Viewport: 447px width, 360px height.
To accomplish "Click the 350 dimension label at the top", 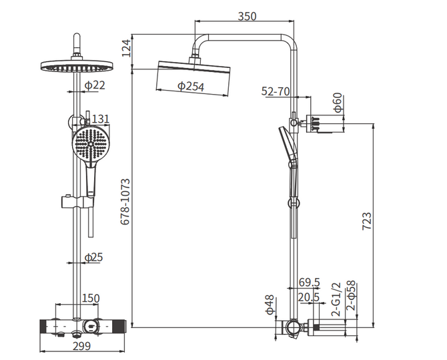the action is click(x=247, y=16).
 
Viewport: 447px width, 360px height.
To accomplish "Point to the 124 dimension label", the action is click(x=126, y=48).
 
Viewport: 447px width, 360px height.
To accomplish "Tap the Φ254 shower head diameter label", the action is click(x=191, y=86).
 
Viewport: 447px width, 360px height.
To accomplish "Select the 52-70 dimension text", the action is click(x=276, y=91).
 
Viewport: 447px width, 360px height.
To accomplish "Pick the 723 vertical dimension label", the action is click(x=367, y=221).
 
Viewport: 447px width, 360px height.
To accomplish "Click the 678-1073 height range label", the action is click(x=125, y=202).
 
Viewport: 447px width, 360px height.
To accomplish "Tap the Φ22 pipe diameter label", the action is click(x=95, y=85).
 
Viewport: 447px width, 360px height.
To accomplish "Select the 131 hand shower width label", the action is click(x=100, y=119).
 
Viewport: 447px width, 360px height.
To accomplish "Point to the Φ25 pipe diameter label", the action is click(x=94, y=257).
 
